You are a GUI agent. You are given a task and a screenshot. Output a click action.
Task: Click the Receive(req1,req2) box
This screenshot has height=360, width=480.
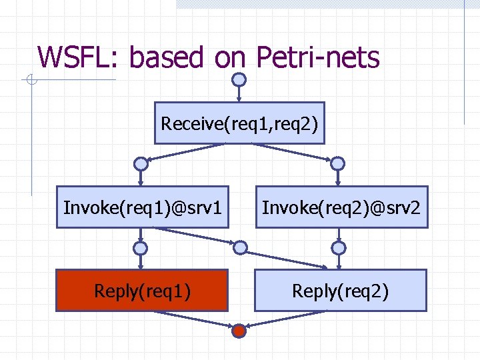click(x=239, y=123)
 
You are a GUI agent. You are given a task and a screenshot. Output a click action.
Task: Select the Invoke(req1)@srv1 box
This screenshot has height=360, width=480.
click(x=142, y=207)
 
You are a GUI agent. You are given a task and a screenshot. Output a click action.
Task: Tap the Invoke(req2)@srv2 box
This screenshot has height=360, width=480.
click(x=341, y=207)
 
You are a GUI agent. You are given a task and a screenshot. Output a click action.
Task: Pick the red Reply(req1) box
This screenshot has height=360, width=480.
click(x=141, y=290)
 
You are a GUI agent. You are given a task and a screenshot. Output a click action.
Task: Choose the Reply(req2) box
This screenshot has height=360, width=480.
click(x=340, y=290)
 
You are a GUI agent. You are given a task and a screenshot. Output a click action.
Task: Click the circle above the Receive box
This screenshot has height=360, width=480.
click(x=239, y=79)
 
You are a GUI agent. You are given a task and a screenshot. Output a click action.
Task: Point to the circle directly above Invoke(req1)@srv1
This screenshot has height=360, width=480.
click(x=141, y=163)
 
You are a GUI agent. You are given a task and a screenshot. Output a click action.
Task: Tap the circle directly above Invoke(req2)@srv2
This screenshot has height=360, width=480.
click(x=338, y=163)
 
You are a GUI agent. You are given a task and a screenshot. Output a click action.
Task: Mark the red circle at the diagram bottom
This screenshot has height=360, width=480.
click(x=239, y=330)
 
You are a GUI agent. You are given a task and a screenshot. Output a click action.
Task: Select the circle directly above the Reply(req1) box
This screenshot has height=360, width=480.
click(x=141, y=248)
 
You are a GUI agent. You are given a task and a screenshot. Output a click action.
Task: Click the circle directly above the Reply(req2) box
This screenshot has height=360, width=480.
click(x=339, y=248)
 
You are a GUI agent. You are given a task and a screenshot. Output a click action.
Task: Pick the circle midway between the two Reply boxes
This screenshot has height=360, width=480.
click(x=239, y=247)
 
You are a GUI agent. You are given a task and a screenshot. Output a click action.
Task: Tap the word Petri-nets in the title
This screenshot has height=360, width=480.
click(x=318, y=57)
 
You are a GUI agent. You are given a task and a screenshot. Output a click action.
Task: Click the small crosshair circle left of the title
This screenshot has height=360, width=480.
click(x=31, y=81)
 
